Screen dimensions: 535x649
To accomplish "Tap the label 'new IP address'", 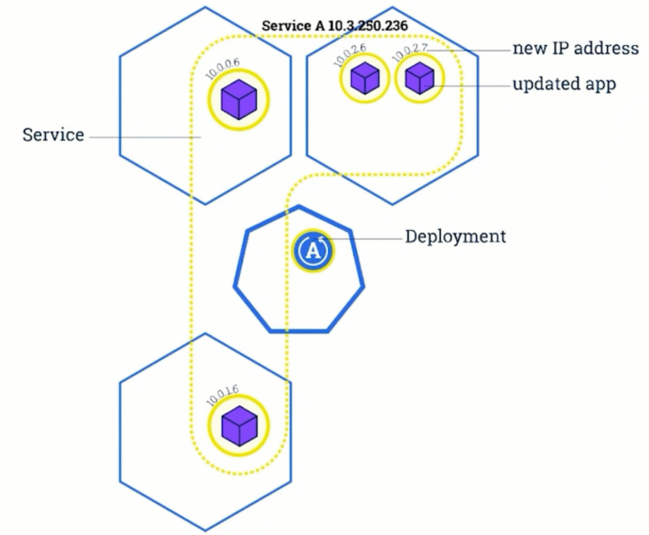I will pyautogui.click(x=576, y=49).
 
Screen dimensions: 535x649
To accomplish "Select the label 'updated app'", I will pyautogui.click(x=564, y=85).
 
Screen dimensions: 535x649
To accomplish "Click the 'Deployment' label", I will pyautogui.click(x=455, y=237).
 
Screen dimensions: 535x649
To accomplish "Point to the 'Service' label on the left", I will pyautogui.click(x=53, y=135).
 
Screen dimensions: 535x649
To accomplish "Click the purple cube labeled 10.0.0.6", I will pyautogui.click(x=240, y=99).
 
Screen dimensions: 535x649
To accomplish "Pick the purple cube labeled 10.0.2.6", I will pyautogui.click(x=364, y=78).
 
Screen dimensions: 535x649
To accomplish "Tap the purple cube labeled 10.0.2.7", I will pyautogui.click(x=419, y=78).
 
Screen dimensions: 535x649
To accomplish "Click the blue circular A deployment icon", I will pyautogui.click(x=313, y=250).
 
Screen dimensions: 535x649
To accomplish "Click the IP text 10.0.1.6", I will pyautogui.click(x=222, y=393).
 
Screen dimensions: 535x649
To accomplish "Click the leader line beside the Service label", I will pyautogui.click(x=144, y=137).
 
